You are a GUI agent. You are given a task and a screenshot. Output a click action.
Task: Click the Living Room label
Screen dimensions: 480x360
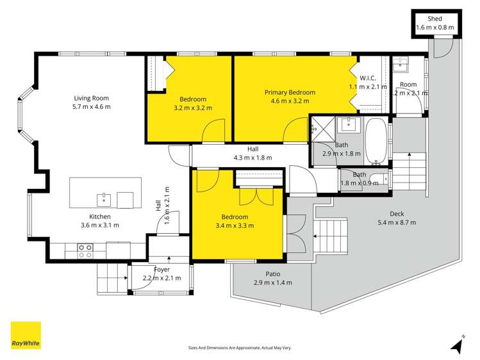tap(91, 98)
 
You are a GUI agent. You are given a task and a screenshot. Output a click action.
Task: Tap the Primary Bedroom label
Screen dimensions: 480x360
tap(290, 92)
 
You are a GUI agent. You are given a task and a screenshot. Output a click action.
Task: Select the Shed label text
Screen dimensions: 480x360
tap(434, 19)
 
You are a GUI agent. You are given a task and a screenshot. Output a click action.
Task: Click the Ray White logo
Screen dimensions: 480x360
tap(26, 335)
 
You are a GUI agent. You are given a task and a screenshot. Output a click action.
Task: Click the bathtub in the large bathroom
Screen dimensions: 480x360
tap(376, 142)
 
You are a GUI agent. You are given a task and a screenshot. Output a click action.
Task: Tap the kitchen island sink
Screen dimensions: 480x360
tap(104, 200)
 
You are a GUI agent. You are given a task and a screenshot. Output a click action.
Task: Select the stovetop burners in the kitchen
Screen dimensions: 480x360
tap(85, 251)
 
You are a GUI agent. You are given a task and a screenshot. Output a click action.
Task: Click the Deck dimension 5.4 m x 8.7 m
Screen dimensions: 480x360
tap(397, 222)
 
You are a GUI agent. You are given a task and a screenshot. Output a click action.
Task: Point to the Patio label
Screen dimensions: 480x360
tap(273, 274)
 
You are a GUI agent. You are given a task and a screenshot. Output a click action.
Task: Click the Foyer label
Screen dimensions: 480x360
tap(161, 270)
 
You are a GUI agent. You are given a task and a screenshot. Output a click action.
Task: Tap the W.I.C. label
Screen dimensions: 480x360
tap(368, 78)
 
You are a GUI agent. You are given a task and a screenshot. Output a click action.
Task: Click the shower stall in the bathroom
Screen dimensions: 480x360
tap(322, 129)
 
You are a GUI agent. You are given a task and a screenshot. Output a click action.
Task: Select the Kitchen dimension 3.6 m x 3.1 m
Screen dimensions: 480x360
tap(100, 225)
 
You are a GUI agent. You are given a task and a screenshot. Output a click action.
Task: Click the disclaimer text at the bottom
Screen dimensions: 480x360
tap(240, 348)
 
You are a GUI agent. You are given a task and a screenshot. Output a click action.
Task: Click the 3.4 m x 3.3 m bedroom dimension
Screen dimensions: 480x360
tap(235, 225)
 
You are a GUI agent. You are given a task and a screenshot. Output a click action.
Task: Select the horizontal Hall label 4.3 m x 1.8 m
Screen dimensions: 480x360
tap(253, 153)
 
